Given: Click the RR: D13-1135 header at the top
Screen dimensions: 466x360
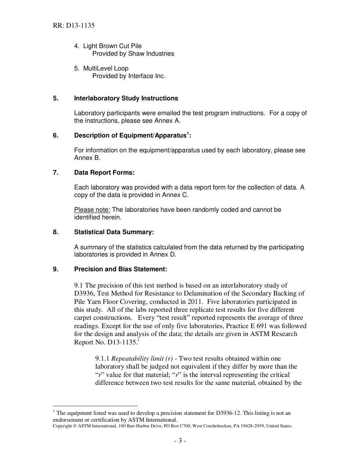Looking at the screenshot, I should [74, 26].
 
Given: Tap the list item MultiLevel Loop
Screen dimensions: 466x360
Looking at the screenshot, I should [106, 69].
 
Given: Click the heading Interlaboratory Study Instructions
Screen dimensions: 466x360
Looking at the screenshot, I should [126, 99].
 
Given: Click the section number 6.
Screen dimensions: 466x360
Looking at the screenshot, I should [55, 136].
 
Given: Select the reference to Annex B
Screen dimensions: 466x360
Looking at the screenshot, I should [87, 158].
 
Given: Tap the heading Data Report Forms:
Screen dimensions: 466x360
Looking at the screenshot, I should [104, 173].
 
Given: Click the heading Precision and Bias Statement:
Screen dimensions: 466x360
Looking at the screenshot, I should [121, 269].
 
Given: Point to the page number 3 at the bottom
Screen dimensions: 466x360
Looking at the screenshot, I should [180, 441].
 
